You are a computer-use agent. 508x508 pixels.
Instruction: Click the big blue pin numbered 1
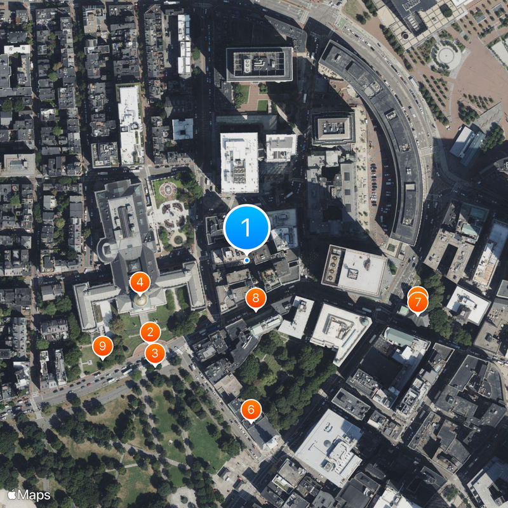247,227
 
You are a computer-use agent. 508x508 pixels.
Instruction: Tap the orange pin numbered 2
150,331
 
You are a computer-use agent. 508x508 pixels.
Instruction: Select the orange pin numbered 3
155,352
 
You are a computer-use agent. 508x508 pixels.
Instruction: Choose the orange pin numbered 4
140,282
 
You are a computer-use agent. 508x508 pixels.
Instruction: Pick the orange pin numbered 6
251,410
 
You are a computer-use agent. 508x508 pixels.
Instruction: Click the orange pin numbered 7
418,302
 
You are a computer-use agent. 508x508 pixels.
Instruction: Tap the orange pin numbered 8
256,297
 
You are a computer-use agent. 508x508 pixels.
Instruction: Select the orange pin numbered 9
102,347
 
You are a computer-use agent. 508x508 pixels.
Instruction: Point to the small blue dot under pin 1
247,260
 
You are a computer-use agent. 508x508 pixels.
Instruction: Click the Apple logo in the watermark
11,494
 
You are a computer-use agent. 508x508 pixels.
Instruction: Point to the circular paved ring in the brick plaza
448,56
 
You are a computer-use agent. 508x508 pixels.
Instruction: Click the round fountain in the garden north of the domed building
168,189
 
